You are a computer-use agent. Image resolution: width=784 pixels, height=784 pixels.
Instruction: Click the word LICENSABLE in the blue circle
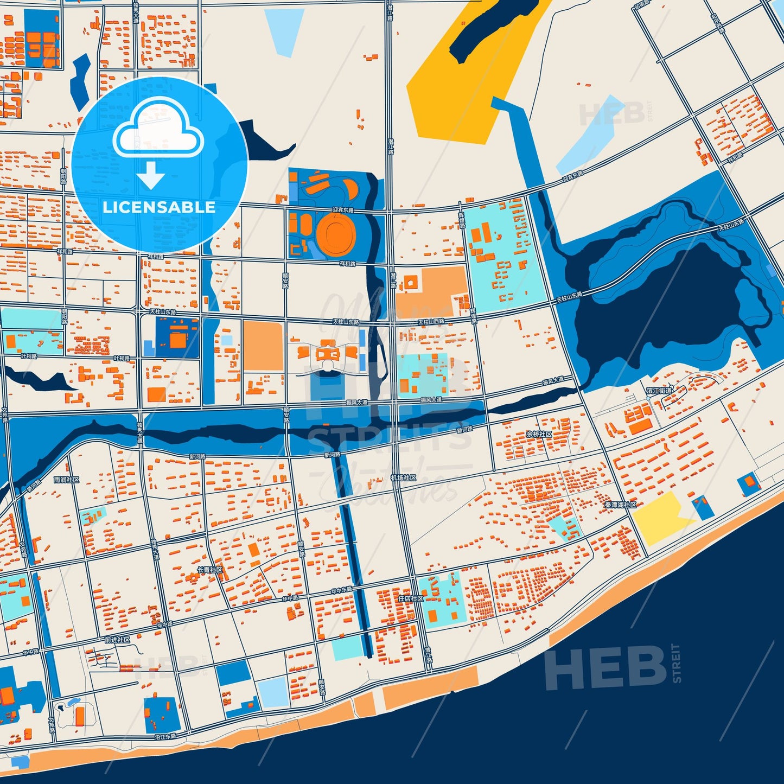pos(159,207)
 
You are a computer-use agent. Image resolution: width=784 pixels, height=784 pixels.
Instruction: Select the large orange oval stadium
pos(335,231)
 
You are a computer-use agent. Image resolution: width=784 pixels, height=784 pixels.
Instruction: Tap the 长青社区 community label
pos(209,570)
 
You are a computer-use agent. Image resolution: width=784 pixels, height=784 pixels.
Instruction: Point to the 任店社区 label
pos(410,598)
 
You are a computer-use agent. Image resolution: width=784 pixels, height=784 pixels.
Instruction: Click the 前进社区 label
pos(118,640)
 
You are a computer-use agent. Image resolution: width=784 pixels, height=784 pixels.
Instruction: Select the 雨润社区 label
pos(66,480)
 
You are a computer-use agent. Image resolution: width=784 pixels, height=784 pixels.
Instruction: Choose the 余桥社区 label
pos(539,435)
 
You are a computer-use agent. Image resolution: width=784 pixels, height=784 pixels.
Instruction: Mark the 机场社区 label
pos(403,478)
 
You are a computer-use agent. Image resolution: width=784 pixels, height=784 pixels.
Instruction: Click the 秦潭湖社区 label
pos(620,505)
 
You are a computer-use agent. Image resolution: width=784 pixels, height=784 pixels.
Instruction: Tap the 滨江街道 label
pos(659,391)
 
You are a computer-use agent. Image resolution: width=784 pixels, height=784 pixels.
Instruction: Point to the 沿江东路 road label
pos(165,737)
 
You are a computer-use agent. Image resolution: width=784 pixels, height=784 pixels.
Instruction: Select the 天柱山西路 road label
pos(431,322)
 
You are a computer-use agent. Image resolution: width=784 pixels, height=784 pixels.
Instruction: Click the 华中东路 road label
pos(342,590)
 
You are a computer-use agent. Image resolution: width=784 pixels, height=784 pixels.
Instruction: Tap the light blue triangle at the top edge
pos(284,30)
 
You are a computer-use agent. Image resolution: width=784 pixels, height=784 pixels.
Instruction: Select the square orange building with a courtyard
pos(411,282)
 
